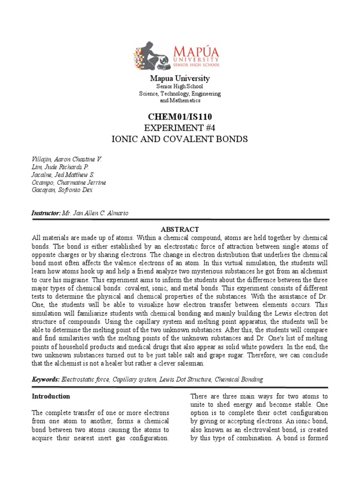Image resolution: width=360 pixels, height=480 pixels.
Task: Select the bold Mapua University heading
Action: click(x=180, y=78)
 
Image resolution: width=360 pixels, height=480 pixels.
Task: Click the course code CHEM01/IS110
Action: click(x=180, y=116)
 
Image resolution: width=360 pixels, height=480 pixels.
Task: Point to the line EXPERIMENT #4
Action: click(x=180, y=127)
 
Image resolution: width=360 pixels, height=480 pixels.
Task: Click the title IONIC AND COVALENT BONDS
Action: click(x=180, y=139)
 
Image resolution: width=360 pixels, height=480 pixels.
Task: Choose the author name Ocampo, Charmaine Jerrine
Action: click(x=68, y=182)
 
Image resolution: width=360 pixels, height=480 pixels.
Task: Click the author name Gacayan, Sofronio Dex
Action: click(x=62, y=190)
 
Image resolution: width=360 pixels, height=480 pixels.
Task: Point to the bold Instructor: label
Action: click(x=46, y=213)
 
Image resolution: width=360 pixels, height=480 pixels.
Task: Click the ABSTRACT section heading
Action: click(x=180, y=230)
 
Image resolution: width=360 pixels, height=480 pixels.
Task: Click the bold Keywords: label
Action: click(x=45, y=379)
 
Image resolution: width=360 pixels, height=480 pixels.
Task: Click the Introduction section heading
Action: click(x=51, y=396)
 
